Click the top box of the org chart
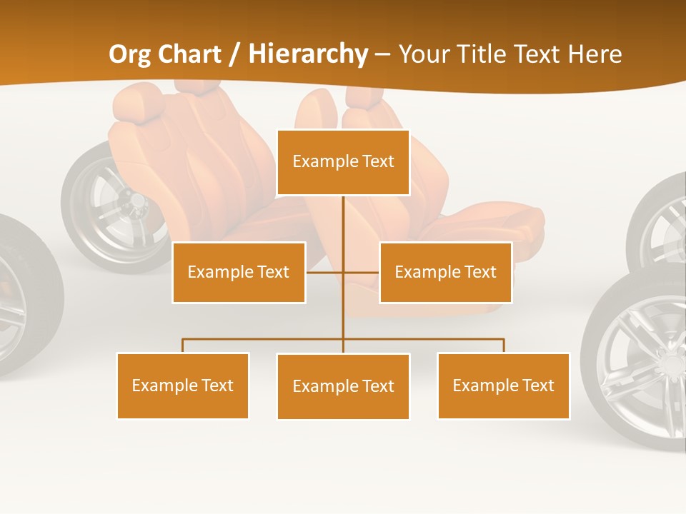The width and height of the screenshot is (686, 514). click(343, 162)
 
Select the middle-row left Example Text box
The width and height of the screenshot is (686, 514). click(239, 272)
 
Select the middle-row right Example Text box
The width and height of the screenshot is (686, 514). click(445, 272)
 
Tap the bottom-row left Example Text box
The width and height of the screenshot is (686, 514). click(183, 385)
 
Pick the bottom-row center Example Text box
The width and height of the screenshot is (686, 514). click(343, 386)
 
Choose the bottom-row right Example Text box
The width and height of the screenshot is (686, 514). click(503, 385)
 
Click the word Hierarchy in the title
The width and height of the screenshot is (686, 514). click(308, 54)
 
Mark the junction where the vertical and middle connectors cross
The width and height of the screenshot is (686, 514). click(343, 272)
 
